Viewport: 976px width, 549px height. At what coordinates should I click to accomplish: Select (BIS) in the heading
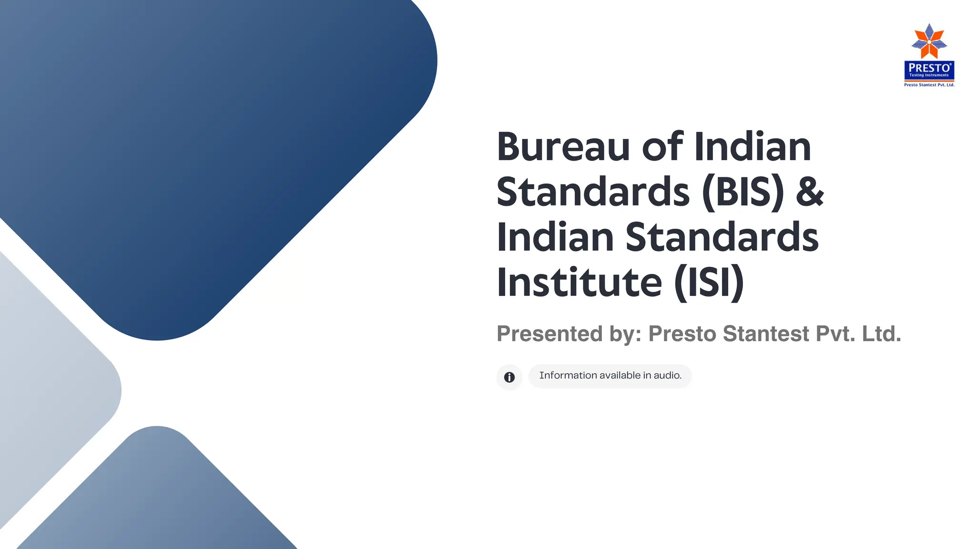[x=743, y=192]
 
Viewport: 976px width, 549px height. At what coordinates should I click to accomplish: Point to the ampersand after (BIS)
[x=810, y=192]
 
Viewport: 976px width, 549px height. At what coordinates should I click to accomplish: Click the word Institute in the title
[x=579, y=283]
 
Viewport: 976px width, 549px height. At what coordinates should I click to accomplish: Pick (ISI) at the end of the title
[x=709, y=283]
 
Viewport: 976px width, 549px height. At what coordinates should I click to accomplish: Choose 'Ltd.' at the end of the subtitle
[x=882, y=334]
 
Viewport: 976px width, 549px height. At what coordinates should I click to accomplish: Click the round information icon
[x=509, y=377]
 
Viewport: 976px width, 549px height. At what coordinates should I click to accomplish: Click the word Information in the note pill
[x=568, y=376]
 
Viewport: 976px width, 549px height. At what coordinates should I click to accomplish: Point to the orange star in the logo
[x=929, y=42]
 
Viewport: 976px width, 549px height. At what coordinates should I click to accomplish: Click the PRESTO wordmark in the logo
[x=929, y=68]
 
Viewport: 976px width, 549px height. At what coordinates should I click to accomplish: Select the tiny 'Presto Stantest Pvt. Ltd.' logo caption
[x=929, y=85]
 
